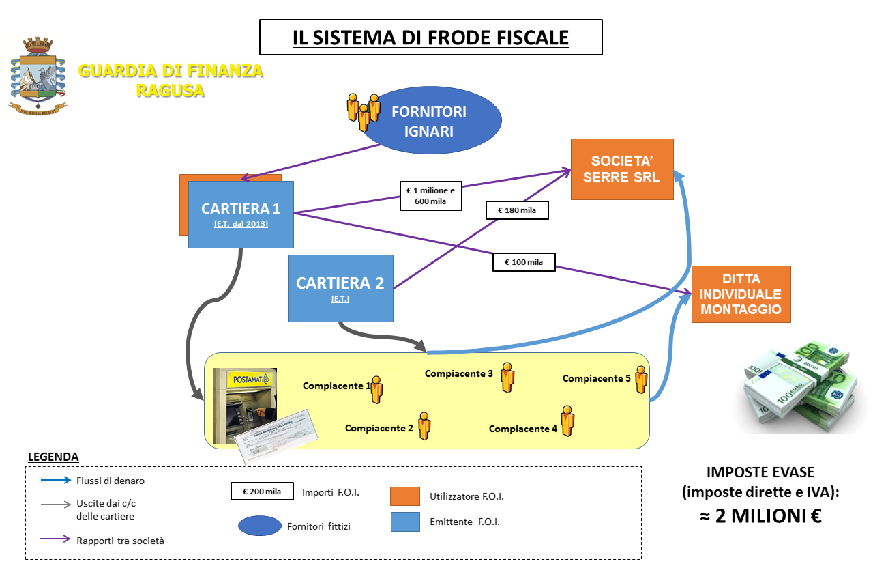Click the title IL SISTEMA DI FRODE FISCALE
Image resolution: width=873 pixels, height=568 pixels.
click(430, 37)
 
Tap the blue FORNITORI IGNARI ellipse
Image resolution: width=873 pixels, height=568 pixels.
click(429, 121)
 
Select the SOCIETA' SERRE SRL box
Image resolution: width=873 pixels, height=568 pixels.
click(622, 169)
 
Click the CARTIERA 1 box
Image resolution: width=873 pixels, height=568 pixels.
click(241, 214)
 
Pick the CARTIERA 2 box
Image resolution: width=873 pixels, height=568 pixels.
click(340, 287)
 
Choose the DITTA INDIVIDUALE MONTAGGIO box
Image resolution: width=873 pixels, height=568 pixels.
click(741, 294)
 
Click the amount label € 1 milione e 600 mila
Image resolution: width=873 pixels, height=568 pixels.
click(430, 196)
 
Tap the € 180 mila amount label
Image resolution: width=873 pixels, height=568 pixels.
click(517, 210)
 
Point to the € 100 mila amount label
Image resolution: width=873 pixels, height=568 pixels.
click(524, 262)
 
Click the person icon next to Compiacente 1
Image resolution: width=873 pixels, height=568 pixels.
click(376, 390)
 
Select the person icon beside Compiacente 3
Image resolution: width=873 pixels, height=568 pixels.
click(507, 377)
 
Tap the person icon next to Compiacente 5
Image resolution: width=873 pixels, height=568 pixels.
click(640, 380)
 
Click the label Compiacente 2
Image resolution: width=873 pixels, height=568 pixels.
click(379, 429)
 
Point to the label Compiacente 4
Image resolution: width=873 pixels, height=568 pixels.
click(523, 429)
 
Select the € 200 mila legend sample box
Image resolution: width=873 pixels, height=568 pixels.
click(261, 492)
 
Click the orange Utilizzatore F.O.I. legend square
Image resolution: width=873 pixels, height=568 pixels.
click(404, 496)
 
